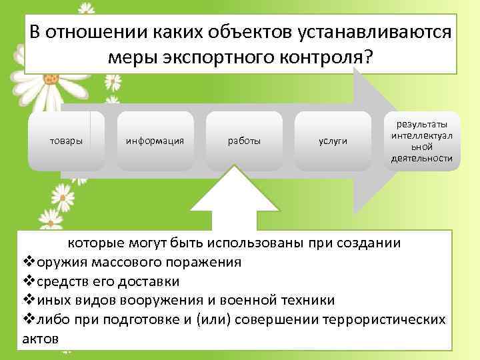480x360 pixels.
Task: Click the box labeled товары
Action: coord(67,141)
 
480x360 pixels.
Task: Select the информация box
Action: coord(155,141)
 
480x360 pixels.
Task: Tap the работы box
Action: coord(245,141)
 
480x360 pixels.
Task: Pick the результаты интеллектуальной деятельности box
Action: coord(422,141)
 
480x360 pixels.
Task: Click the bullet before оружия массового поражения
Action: coord(27,261)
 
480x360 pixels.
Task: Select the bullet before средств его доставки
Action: coord(27,280)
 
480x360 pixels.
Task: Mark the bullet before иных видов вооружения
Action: coord(27,299)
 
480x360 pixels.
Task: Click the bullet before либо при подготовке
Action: coord(27,319)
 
